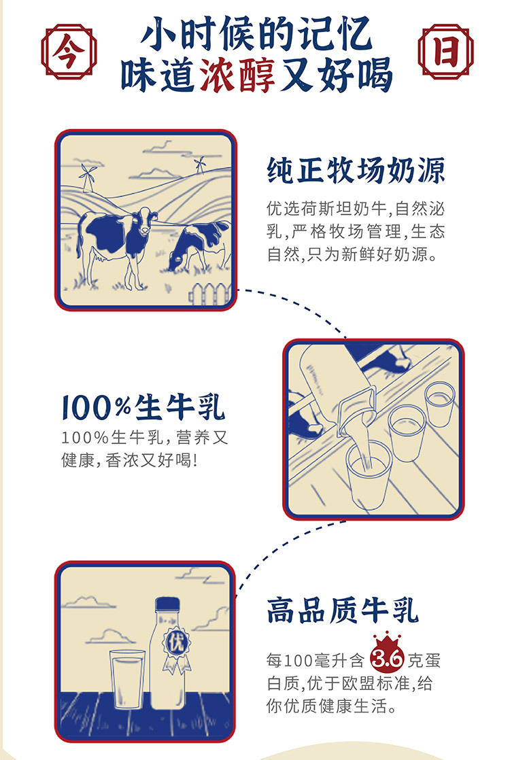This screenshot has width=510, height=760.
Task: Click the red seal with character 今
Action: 69,52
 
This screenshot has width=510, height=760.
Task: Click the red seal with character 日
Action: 445,51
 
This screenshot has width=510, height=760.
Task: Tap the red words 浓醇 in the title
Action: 237,75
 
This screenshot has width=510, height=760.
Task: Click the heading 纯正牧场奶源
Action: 356,170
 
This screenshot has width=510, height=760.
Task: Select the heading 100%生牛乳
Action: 143,408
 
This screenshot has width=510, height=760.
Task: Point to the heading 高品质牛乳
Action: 342,610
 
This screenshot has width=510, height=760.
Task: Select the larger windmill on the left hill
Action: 88,177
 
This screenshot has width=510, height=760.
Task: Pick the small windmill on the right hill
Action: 199,165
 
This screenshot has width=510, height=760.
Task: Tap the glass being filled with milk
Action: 368,475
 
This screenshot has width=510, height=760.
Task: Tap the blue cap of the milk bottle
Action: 168,604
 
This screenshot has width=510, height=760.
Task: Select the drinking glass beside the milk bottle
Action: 128,678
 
